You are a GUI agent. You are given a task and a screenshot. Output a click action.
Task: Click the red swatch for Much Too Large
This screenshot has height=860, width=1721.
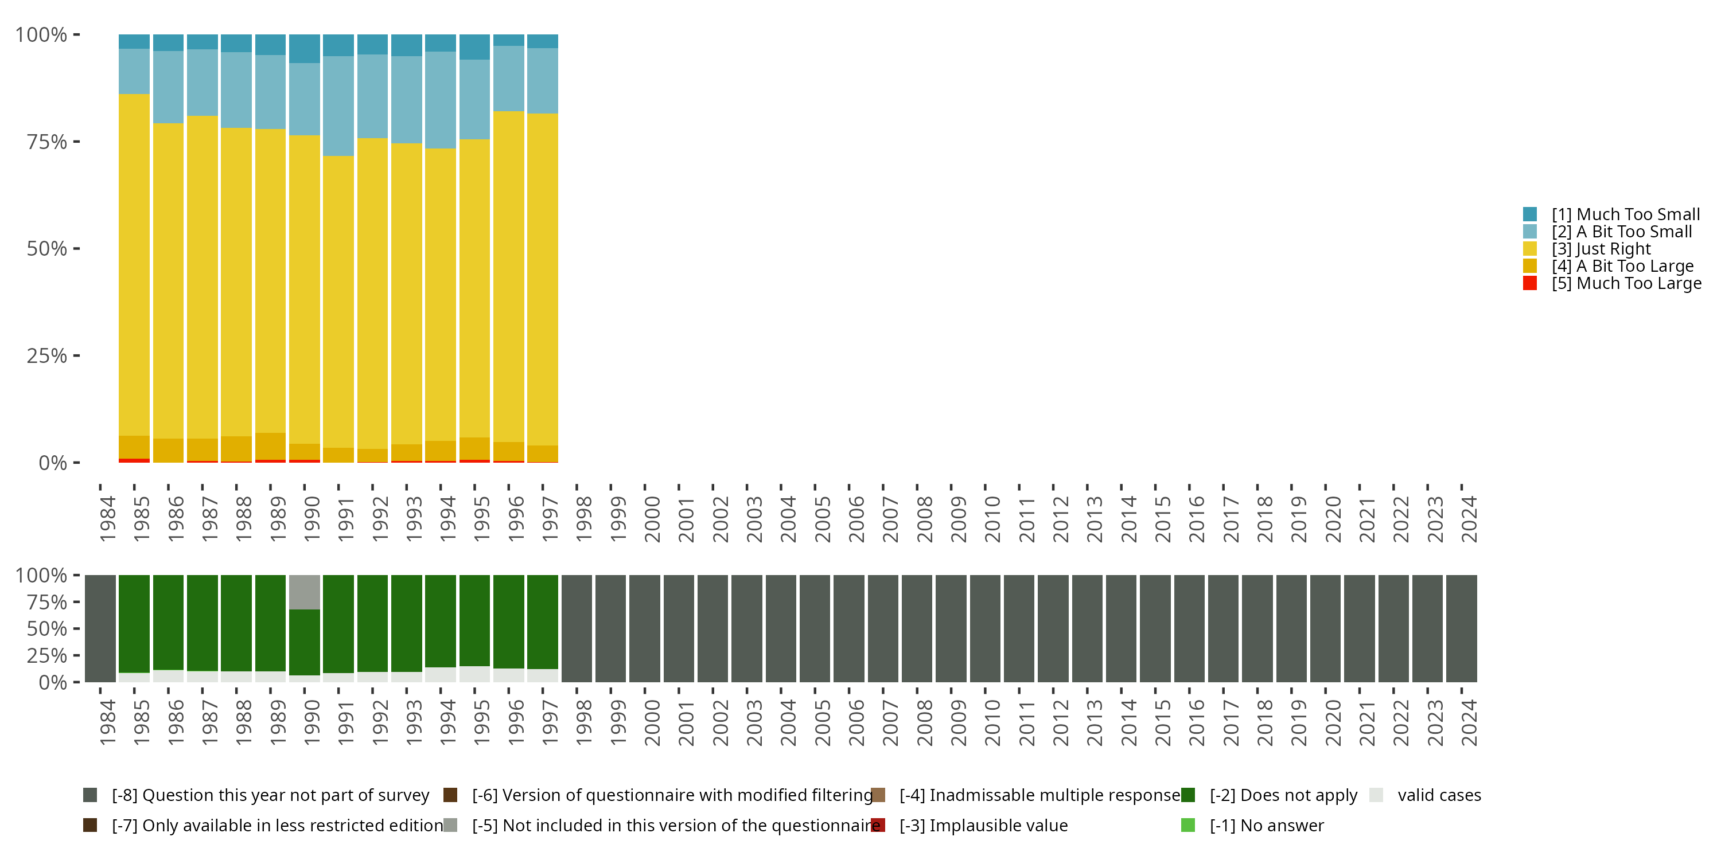pos(1530,283)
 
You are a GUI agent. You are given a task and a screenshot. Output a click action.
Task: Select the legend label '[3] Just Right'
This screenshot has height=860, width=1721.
pos(1601,249)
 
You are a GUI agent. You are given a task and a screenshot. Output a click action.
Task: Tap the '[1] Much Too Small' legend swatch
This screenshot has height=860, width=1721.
pos(1530,214)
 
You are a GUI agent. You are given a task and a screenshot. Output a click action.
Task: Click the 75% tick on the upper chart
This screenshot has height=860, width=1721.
pos(47,142)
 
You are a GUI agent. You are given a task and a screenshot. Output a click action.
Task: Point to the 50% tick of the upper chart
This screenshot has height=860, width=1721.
pos(47,248)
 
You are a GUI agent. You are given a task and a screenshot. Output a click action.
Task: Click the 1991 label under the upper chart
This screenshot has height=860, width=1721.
pos(345,519)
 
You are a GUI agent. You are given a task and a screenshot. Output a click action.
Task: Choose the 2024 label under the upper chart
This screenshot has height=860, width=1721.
pos(1469,519)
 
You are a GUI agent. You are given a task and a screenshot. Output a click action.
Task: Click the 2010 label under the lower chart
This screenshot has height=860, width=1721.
pos(992,722)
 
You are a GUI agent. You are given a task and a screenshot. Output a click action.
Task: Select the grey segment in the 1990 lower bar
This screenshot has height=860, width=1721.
pos(305,592)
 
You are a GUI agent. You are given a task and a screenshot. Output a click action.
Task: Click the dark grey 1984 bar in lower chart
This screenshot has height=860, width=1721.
pos(100,628)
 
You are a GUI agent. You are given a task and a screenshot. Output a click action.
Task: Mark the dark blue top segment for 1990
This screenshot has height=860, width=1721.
pos(305,49)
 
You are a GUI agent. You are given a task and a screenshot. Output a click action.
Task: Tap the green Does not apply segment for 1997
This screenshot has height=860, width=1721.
pos(543,621)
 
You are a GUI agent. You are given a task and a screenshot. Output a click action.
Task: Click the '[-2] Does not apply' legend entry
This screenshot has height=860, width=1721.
pos(1283,795)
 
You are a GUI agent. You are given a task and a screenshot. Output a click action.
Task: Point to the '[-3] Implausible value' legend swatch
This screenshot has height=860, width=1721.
pos(878,825)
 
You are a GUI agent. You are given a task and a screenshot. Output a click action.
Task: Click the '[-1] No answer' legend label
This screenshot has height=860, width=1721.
pos(1266,825)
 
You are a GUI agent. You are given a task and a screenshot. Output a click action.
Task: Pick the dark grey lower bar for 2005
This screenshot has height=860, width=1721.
pos(815,628)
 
